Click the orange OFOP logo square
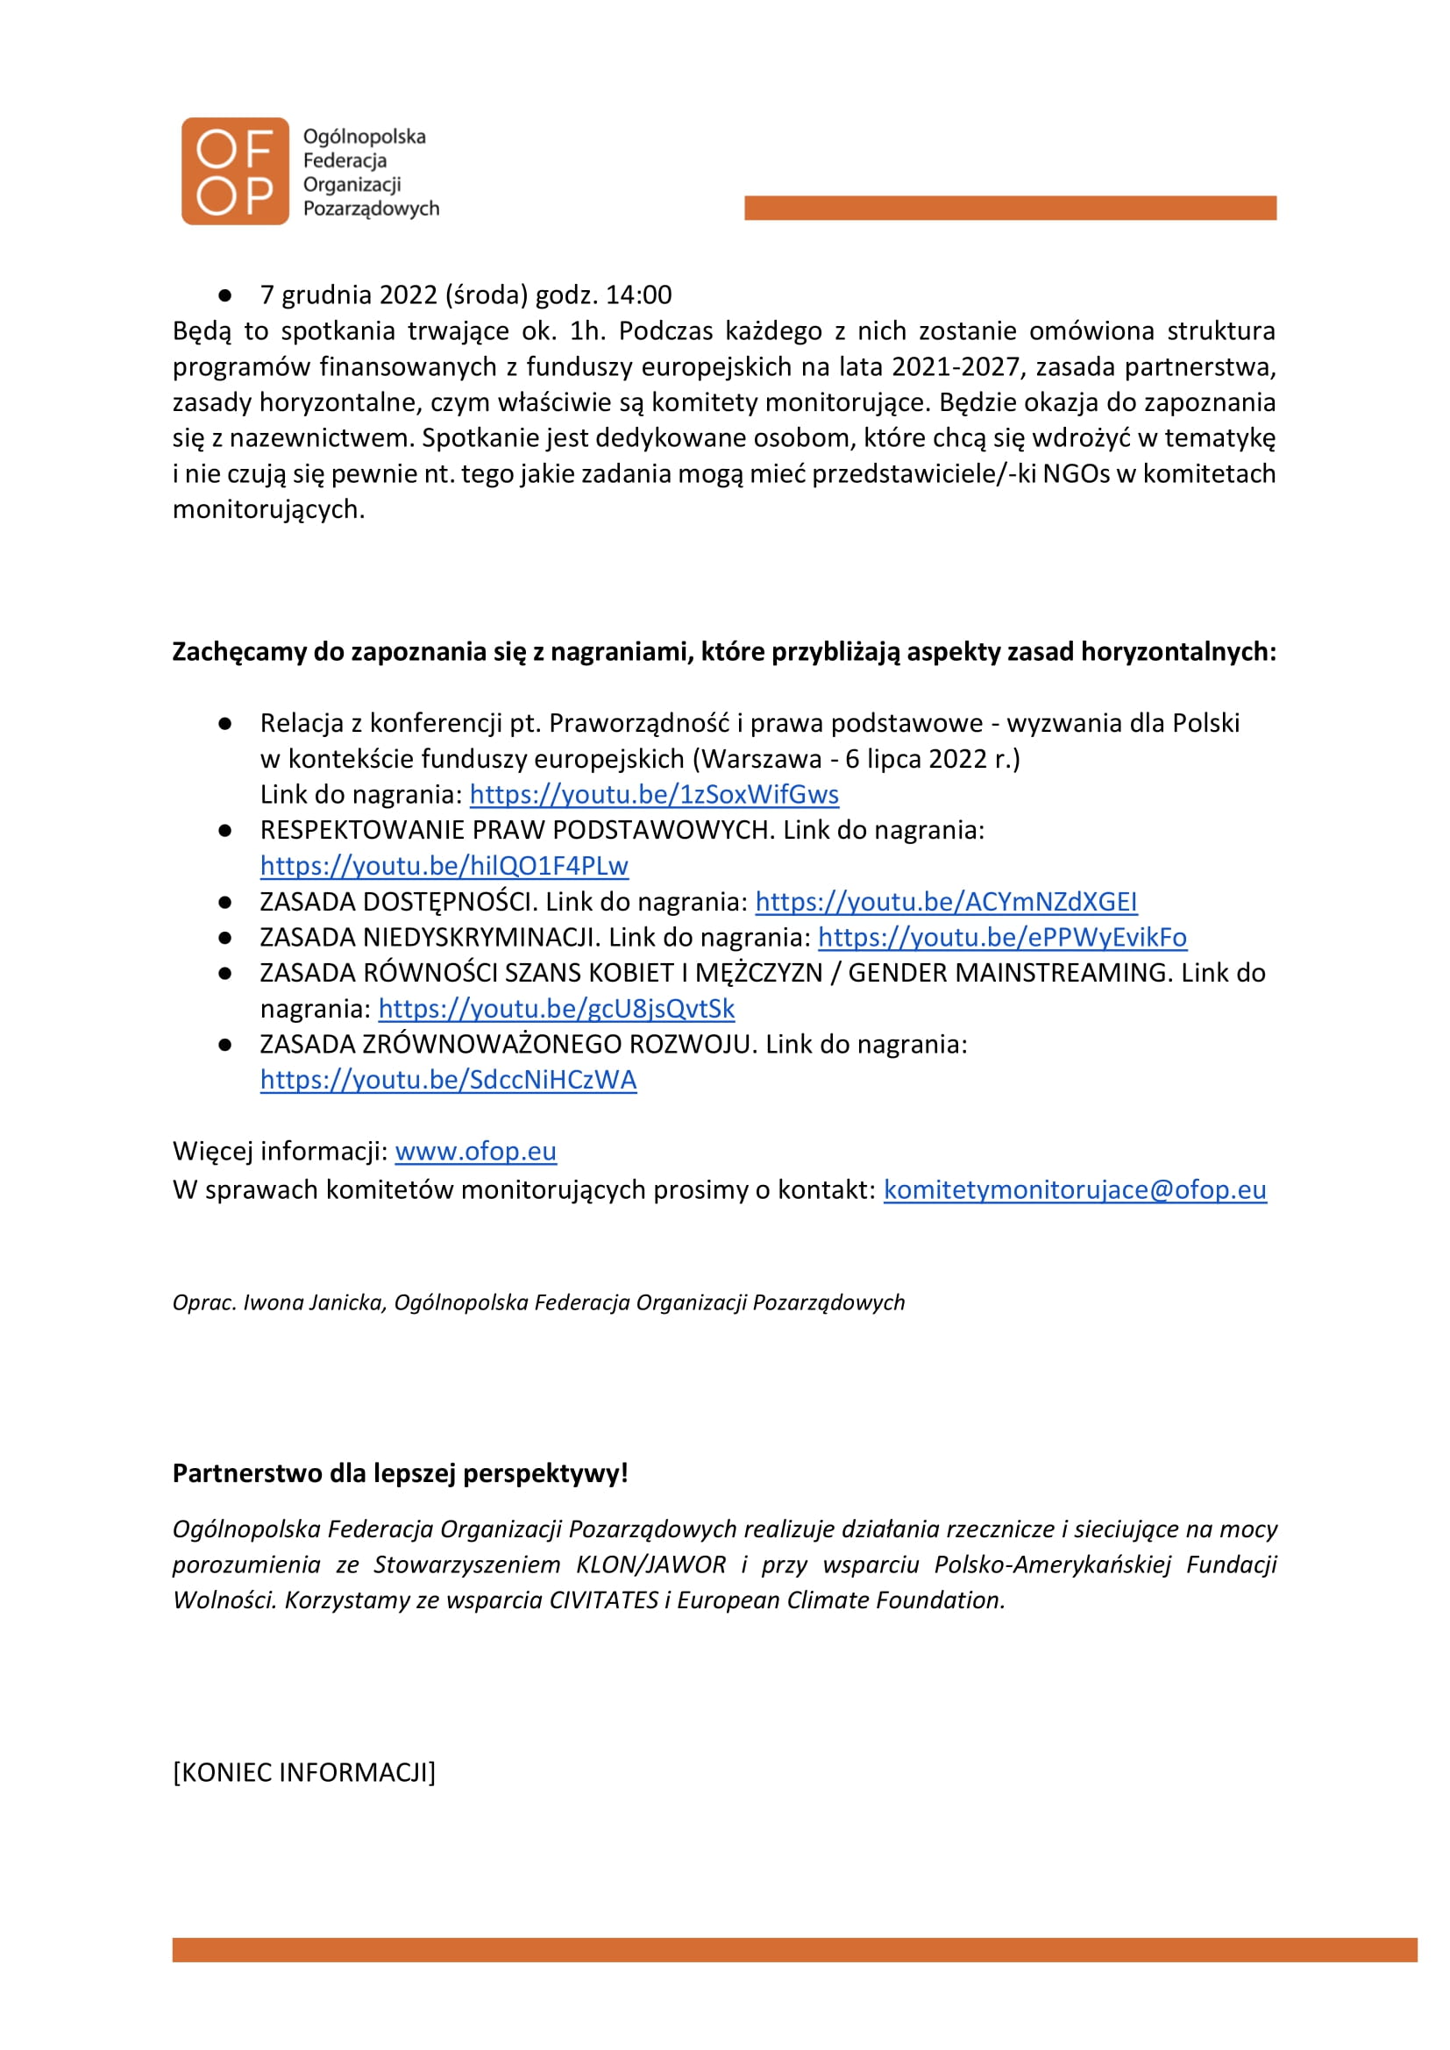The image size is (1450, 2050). point(235,172)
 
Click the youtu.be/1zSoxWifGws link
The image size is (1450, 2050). point(654,795)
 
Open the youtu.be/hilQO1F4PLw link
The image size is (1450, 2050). point(444,866)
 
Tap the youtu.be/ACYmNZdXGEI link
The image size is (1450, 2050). point(946,902)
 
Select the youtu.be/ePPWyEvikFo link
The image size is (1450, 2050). point(1002,938)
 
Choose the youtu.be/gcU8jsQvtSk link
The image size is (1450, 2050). point(557,1009)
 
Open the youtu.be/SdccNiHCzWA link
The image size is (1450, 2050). point(448,1081)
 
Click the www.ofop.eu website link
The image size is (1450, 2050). point(475,1152)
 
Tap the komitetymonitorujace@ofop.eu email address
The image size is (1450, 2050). point(1074,1190)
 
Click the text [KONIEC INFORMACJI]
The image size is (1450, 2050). point(303,1772)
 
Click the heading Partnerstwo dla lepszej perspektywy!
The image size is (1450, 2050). point(400,1473)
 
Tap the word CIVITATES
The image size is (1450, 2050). point(603,1600)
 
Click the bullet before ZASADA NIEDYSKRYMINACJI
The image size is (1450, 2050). point(225,939)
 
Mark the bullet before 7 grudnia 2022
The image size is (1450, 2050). point(225,295)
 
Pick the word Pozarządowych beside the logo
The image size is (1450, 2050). point(372,209)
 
